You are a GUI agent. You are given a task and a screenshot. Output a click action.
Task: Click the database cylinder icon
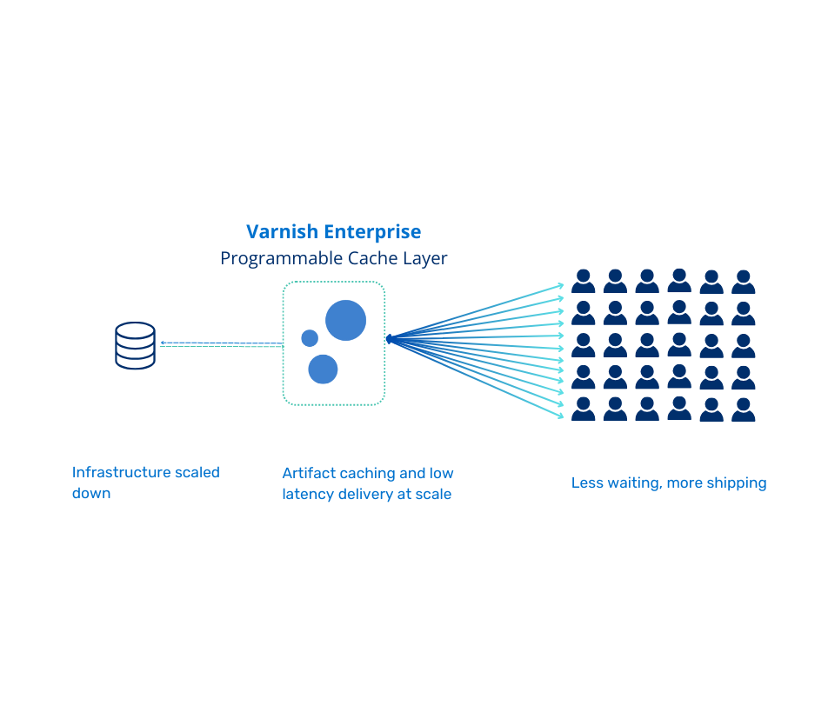coord(136,345)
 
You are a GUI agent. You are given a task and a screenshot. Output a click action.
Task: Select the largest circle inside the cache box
coord(345,320)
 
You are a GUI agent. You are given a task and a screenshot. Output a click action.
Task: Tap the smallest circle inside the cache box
coord(310,338)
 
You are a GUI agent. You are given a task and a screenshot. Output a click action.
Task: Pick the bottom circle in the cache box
coord(323,369)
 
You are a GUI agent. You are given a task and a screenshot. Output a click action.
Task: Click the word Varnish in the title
coord(283,232)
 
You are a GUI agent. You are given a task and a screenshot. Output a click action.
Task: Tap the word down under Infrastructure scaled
coord(91,493)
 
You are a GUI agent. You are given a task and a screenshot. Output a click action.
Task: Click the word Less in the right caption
coord(586,483)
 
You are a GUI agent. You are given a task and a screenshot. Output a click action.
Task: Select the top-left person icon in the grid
coord(584,281)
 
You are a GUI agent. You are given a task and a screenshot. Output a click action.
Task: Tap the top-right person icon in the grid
coord(744,282)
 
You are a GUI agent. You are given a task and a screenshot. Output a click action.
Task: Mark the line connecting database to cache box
coord(222,344)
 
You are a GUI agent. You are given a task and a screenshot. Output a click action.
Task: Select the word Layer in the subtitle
coord(425,259)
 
